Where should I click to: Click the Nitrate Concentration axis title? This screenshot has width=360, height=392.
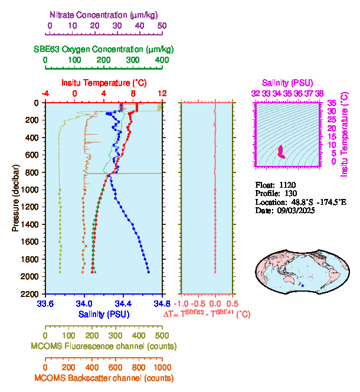tap(104, 13)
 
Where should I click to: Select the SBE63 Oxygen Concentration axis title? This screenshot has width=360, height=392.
tap(103, 48)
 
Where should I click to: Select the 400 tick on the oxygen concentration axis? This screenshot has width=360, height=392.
tap(162, 60)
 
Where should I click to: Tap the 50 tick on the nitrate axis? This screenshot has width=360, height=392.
tap(162, 25)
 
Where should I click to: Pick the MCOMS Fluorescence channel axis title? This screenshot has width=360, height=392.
tap(104, 345)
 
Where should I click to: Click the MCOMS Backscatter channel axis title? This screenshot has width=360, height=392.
tap(104, 378)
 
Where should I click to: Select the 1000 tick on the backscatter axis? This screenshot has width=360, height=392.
tap(161, 367)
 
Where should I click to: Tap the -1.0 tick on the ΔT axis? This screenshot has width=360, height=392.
tap(184, 304)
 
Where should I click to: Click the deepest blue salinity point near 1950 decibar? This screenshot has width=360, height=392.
tap(148, 272)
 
